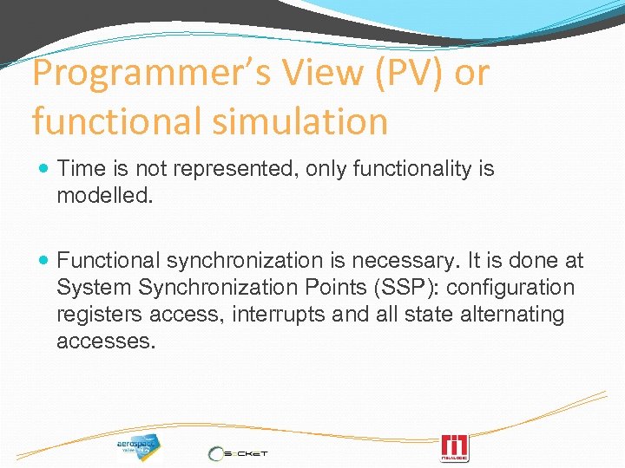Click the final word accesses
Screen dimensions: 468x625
pos(106,341)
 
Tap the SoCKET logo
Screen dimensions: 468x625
pos(238,452)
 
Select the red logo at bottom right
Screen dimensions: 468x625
pos(454,447)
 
